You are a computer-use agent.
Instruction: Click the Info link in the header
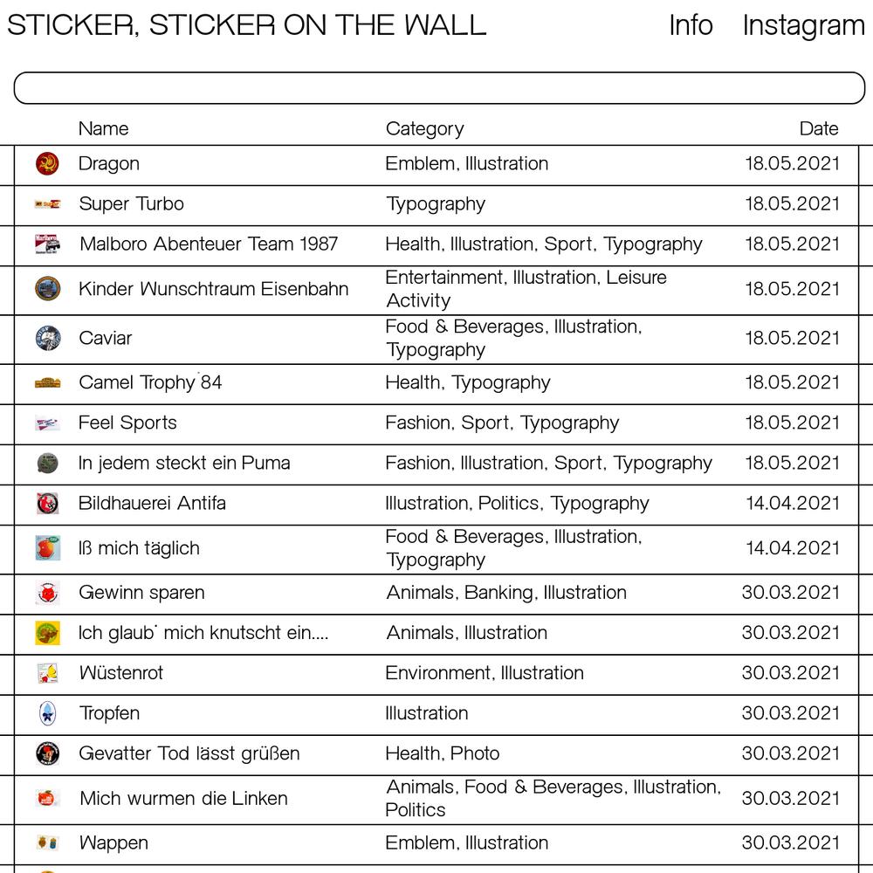[x=691, y=25]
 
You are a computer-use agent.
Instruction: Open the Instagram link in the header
[x=803, y=25]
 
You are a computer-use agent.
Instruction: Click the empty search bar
[x=439, y=88]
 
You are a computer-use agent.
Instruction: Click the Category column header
[x=424, y=128]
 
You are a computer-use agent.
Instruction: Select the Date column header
[x=818, y=128]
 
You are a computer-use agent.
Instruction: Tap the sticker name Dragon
[x=109, y=163]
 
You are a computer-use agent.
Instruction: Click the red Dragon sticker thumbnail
[x=47, y=163]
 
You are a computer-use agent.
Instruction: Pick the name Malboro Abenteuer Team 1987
[x=209, y=244]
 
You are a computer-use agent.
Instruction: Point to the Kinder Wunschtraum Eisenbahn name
[x=213, y=289]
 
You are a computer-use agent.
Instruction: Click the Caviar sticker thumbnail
[x=48, y=338]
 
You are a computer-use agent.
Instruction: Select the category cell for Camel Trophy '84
[x=468, y=382]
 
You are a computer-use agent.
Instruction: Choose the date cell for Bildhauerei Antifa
[x=792, y=503]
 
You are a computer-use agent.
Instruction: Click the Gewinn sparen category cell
[x=506, y=592]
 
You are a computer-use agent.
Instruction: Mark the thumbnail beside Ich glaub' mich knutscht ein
[x=47, y=633]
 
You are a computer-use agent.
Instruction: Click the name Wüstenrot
[x=121, y=673]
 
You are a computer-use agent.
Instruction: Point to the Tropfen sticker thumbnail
[x=47, y=713]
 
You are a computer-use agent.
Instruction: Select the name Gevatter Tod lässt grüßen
[x=189, y=753]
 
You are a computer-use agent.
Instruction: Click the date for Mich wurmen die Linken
[x=790, y=798]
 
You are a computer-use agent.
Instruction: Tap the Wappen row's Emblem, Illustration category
[x=467, y=842]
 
